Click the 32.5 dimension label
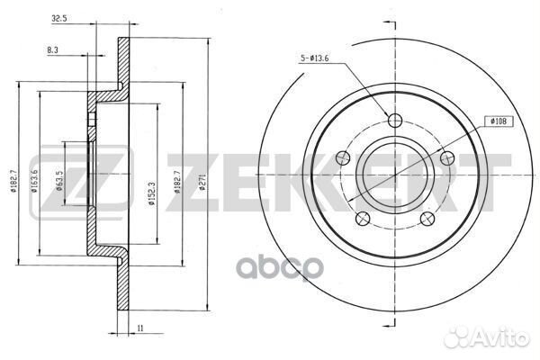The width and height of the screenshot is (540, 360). [58, 19]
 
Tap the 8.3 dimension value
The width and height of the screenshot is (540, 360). [52, 50]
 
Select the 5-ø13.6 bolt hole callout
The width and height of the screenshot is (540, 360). [315, 58]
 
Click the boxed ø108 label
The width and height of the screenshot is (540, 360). [499, 121]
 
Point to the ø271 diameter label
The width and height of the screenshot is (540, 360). [202, 182]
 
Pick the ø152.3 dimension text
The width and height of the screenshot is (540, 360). [151, 193]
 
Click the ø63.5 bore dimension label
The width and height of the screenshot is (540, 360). [58, 181]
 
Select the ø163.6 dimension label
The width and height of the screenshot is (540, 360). [34, 180]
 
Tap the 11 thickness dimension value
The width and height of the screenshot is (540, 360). [139, 328]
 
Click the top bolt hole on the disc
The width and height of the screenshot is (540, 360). [395, 120]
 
